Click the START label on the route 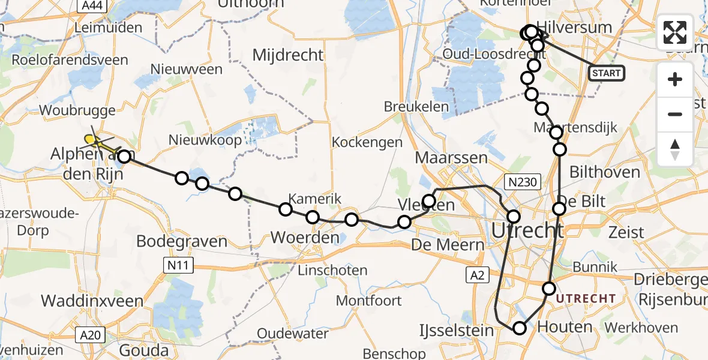[607, 73]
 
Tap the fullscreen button [675, 32]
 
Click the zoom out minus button [675, 114]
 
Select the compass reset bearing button [675, 149]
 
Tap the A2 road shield [478, 275]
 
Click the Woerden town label [305, 238]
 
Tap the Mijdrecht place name [288, 55]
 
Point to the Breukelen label [416, 107]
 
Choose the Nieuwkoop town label [206, 140]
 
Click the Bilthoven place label [604, 173]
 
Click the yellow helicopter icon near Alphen [91, 140]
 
